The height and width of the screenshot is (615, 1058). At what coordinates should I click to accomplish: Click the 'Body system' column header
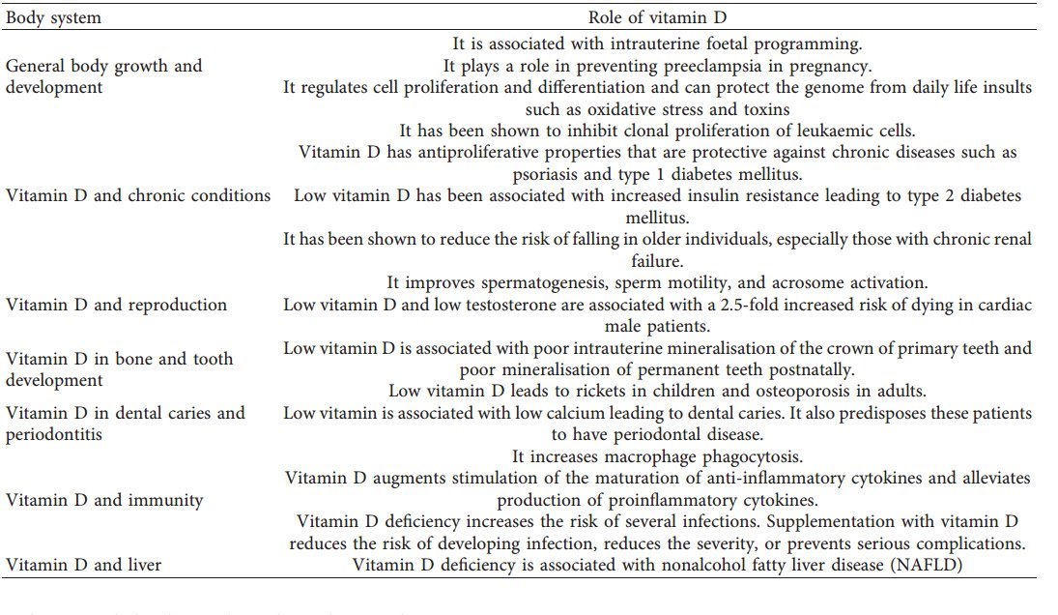(53, 17)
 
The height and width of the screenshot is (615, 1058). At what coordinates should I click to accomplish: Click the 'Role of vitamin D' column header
(657, 17)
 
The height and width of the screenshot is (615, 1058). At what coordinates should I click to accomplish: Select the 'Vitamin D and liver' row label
(84, 565)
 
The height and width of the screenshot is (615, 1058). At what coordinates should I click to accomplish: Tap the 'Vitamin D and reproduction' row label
(116, 305)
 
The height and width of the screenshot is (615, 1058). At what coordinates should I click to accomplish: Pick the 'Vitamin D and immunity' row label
(104, 500)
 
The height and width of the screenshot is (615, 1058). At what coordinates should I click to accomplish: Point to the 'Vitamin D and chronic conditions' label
(138, 195)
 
